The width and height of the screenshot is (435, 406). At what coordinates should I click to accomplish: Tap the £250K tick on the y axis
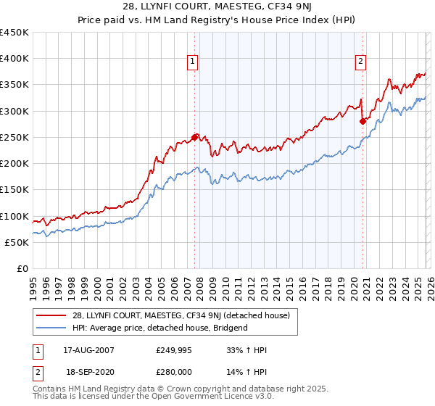(14, 137)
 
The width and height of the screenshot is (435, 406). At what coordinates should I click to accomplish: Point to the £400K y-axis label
(14, 59)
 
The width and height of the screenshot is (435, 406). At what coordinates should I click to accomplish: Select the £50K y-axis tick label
(17, 242)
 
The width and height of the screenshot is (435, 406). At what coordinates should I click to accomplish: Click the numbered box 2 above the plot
(360, 62)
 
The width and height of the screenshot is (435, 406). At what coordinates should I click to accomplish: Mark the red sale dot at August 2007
(194, 136)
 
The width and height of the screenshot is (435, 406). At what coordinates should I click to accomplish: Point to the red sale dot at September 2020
(363, 121)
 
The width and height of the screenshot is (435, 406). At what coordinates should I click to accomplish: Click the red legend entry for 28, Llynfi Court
(182, 315)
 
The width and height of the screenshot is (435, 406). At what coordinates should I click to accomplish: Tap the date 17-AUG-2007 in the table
(88, 351)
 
